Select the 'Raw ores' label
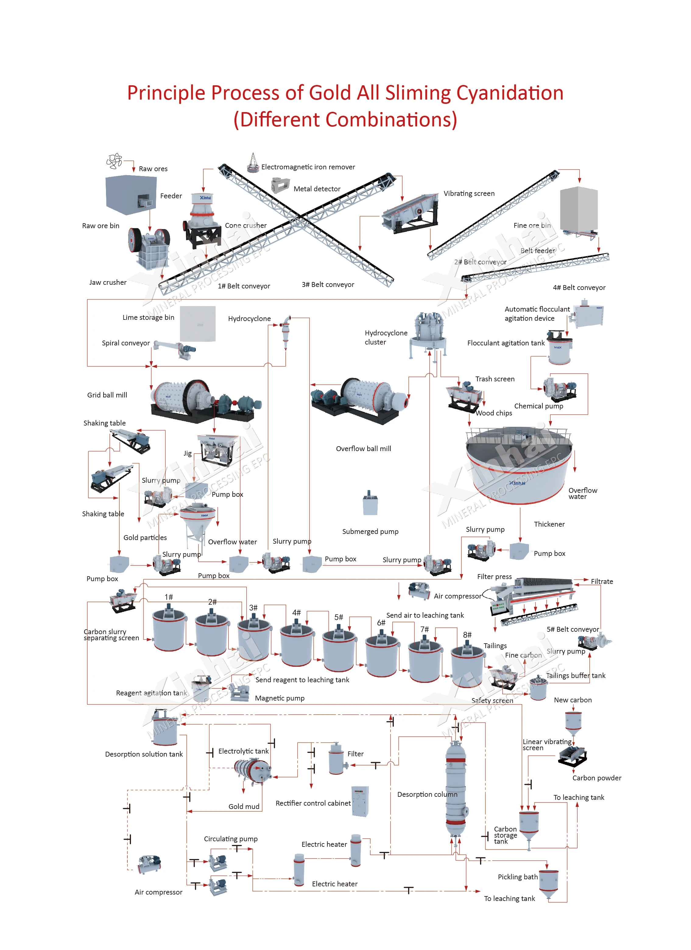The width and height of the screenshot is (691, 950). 153,169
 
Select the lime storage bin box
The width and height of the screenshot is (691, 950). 198,323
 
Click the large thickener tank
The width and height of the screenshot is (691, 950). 519,465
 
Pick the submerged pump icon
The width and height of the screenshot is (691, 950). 370,503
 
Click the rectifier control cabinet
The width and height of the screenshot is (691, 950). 360,801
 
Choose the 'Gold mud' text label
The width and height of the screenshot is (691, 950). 244,806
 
